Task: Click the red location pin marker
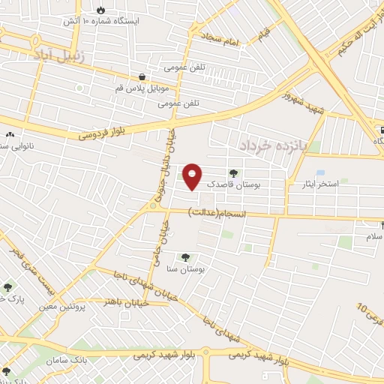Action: click(x=193, y=175)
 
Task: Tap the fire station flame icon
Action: click(x=100, y=10)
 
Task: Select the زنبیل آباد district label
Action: click(x=61, y=55)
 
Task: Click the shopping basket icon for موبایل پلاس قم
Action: click(x=142, y=76)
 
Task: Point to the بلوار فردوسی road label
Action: click(x=110, y=131)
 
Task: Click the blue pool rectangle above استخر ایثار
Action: click(x=321, y=172)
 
